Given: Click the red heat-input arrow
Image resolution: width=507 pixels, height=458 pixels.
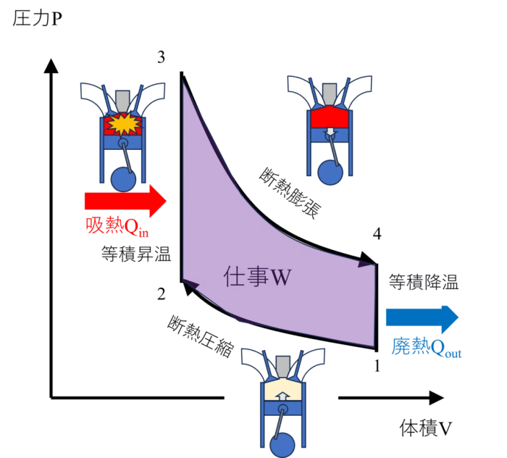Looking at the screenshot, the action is click(x=125, y=201).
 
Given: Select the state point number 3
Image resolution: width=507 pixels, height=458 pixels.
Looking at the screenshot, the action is click(x=161, y=57).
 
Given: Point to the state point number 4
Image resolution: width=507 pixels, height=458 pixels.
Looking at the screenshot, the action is click(x=377, y=233).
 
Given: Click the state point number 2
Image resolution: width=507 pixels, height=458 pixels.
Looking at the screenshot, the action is click(x=161, y=294).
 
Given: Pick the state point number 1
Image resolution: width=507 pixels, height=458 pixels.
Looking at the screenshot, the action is click(x=377, y=366).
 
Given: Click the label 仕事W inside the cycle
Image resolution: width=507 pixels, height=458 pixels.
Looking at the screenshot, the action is click(x=257, y=277).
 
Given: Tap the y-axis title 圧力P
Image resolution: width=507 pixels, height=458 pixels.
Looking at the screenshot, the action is click(x=37, y=18).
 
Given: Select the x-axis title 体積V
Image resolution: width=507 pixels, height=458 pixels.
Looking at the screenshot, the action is click(x=426, y=428).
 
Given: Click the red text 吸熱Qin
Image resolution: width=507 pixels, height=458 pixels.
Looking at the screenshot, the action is click(x=117, y=226).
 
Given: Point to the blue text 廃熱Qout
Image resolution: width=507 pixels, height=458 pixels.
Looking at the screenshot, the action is click(x=426, y=347).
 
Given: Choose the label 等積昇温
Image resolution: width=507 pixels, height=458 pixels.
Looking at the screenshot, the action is click(x=136, y=254).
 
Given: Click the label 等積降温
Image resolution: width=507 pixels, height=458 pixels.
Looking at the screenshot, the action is click(x=424, y=282).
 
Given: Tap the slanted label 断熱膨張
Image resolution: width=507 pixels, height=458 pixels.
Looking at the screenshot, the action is click(x=290, y=193).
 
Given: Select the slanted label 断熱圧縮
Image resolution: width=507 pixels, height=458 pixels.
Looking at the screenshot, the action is click(x=201, y=337).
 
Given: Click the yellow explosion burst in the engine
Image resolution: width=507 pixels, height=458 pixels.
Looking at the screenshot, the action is click(x=124, y=123).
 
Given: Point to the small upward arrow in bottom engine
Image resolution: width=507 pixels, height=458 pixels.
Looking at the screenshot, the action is click(x=283, y=396).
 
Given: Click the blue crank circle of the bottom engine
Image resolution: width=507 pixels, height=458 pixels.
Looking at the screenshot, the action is click(x=282, y=445).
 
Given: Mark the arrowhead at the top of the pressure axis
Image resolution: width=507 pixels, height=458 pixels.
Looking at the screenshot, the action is click(x=51, y=66).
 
